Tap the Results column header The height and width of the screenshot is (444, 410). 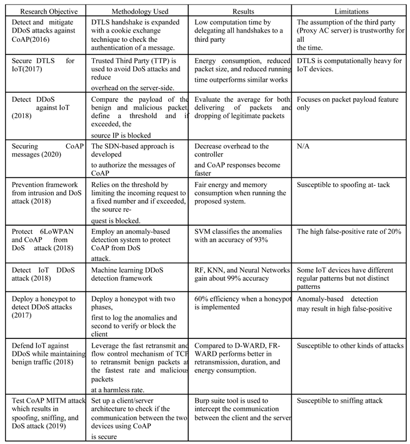point(242,11)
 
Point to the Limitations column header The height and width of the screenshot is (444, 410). point(352,11)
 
